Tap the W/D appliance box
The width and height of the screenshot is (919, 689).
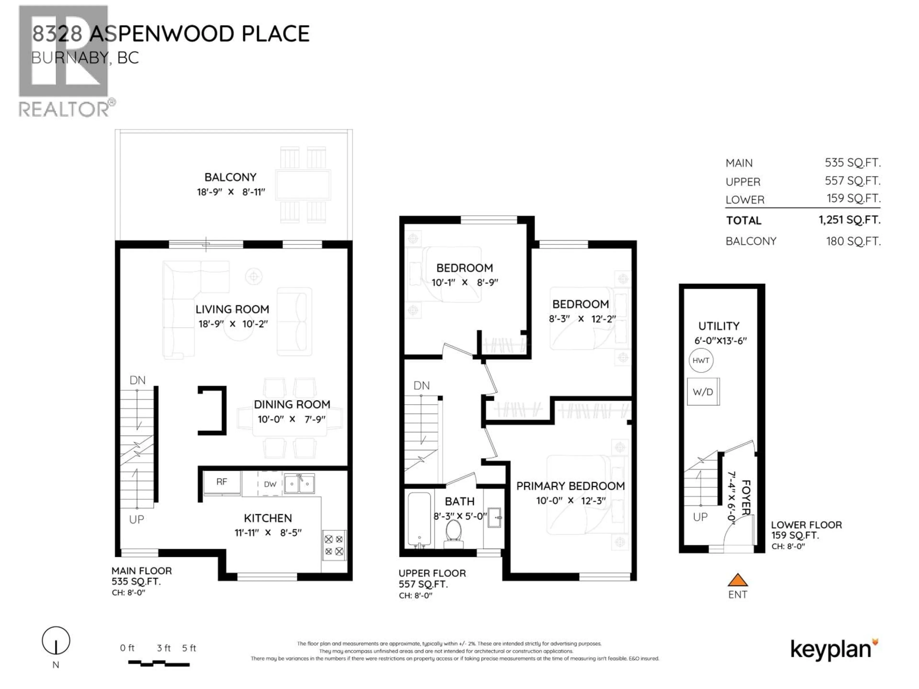click(x=703, y=392)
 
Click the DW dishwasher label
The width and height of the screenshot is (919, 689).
click(x=270, y=484)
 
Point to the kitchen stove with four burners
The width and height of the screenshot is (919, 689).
click(x=334, y=545)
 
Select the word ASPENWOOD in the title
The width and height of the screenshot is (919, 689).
click(x=163, y=34)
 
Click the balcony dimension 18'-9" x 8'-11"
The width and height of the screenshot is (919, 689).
click(x=230, y=192)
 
